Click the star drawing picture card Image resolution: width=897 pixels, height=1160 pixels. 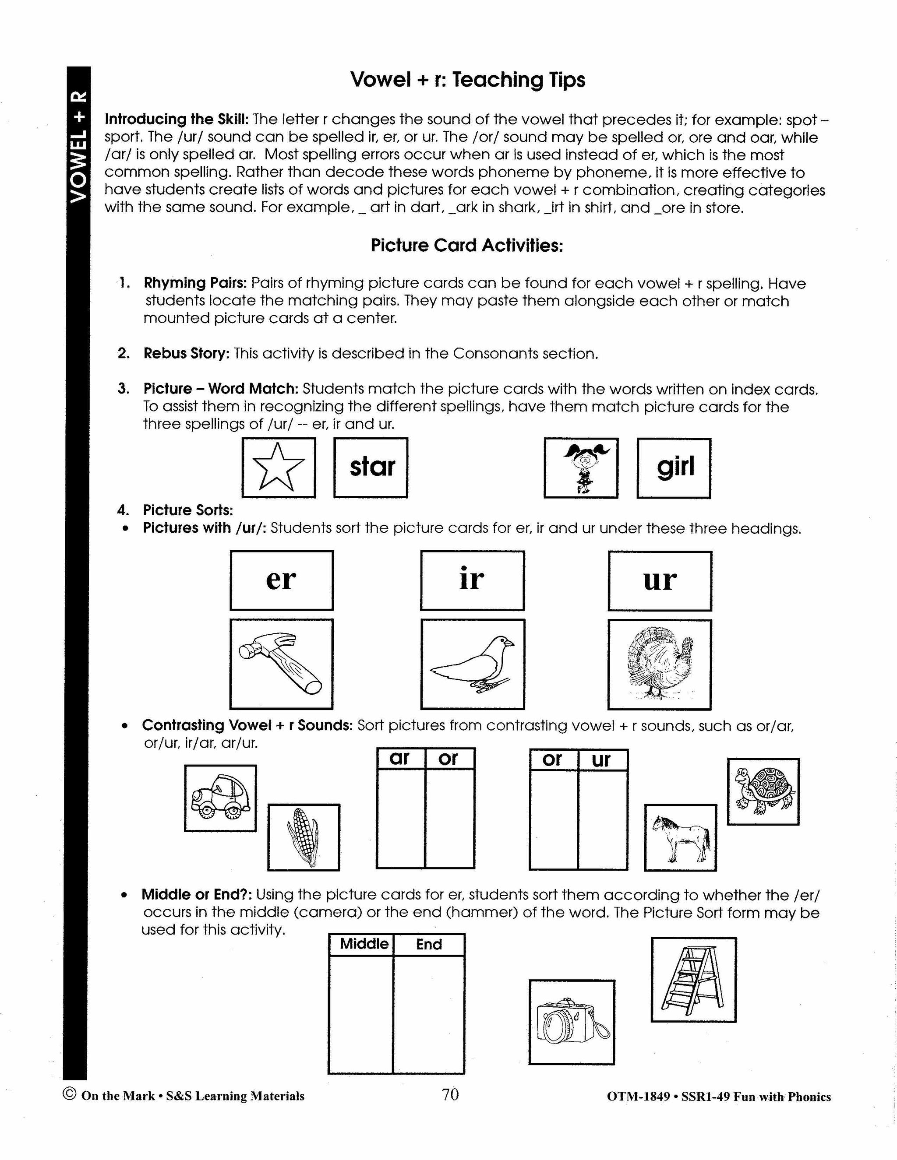[279, 468]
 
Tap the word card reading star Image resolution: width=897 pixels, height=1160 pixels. [371, 468]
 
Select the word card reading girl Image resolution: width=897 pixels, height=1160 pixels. [674, 468]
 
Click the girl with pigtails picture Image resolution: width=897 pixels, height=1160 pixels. [581, 468]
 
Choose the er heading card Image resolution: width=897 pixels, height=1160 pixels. [281, 580]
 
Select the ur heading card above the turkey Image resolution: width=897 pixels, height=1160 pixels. [660, 581]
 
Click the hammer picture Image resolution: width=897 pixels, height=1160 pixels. [281, 664]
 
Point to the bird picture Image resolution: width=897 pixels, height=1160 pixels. [473, 664]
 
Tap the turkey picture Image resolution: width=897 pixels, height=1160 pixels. [660, 664]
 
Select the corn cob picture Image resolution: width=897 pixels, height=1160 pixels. [304, 837]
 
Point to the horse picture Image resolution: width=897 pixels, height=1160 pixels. [681, 837]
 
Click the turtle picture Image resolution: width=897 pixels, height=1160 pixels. [763, 791]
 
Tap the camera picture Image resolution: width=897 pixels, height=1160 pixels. [572, 1023]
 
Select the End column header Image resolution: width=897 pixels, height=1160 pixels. [429, 944]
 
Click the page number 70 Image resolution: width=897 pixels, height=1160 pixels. [449, 1095]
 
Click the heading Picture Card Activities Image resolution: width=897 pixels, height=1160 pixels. [466, 246]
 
